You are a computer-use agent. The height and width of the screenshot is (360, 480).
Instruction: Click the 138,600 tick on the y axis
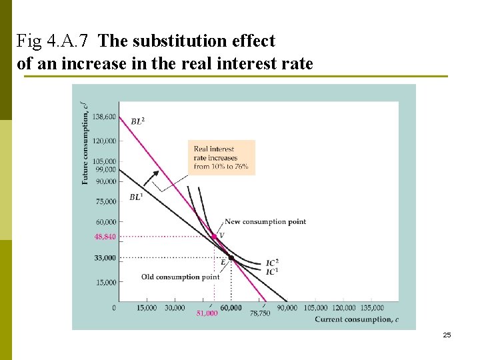103,117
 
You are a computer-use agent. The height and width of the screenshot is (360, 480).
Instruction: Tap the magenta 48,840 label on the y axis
105,237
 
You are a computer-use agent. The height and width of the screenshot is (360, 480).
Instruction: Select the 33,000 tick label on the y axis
105,257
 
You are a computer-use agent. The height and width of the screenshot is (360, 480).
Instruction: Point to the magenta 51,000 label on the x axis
207,313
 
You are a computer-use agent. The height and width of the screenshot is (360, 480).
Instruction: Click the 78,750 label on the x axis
260,313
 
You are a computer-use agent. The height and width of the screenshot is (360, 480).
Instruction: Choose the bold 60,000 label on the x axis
231,307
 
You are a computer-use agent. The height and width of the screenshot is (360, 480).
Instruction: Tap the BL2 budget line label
137,121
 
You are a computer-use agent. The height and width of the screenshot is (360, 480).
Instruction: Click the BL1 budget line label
135,197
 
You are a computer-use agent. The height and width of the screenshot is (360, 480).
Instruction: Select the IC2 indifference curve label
272,262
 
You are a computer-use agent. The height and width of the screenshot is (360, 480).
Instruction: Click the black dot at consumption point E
231,257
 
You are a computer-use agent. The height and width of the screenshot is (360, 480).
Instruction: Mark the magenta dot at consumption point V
214,236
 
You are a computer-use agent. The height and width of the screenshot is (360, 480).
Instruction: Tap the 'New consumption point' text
265,221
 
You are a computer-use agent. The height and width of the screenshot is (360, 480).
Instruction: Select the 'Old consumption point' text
180,277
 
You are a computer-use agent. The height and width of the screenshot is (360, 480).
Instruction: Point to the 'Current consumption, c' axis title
357,319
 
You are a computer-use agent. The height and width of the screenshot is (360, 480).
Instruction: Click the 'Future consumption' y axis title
85,142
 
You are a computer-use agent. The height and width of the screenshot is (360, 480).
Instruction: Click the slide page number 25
447,335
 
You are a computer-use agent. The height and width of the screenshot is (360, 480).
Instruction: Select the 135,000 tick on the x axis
371,307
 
